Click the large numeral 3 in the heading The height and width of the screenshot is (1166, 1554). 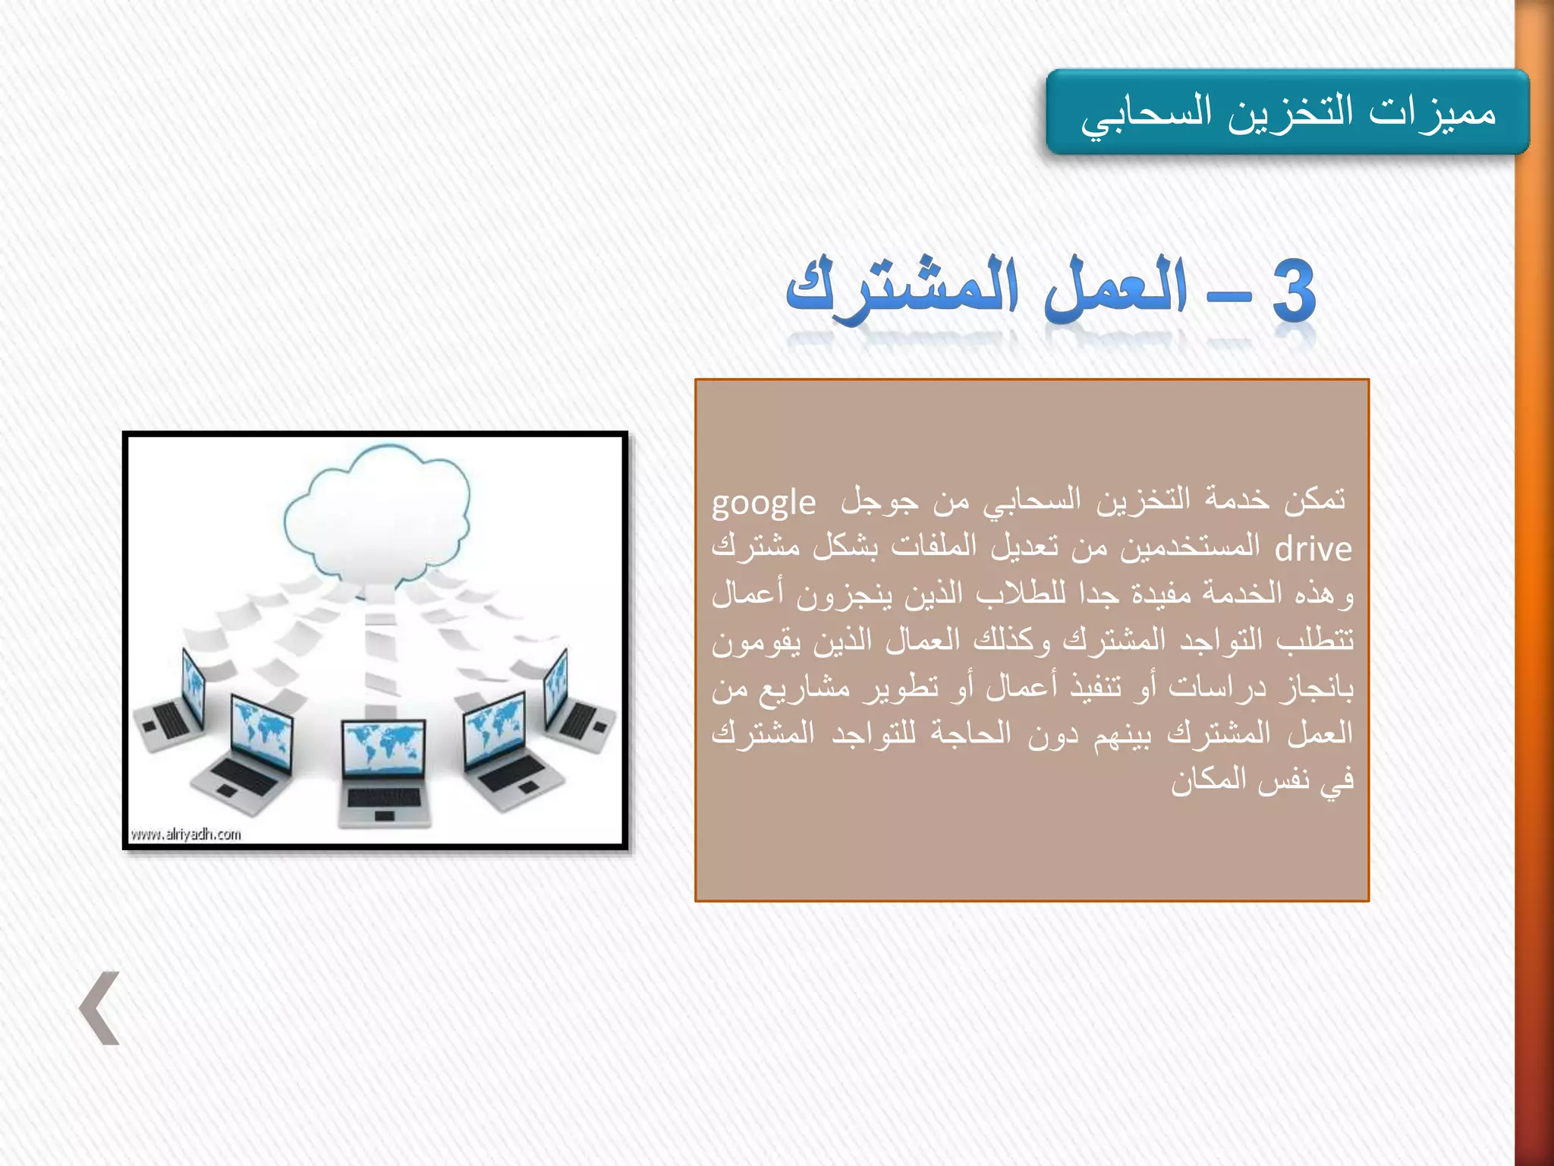1293,291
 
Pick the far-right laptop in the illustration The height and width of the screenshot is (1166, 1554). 577,702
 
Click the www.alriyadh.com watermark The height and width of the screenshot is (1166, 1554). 186,834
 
